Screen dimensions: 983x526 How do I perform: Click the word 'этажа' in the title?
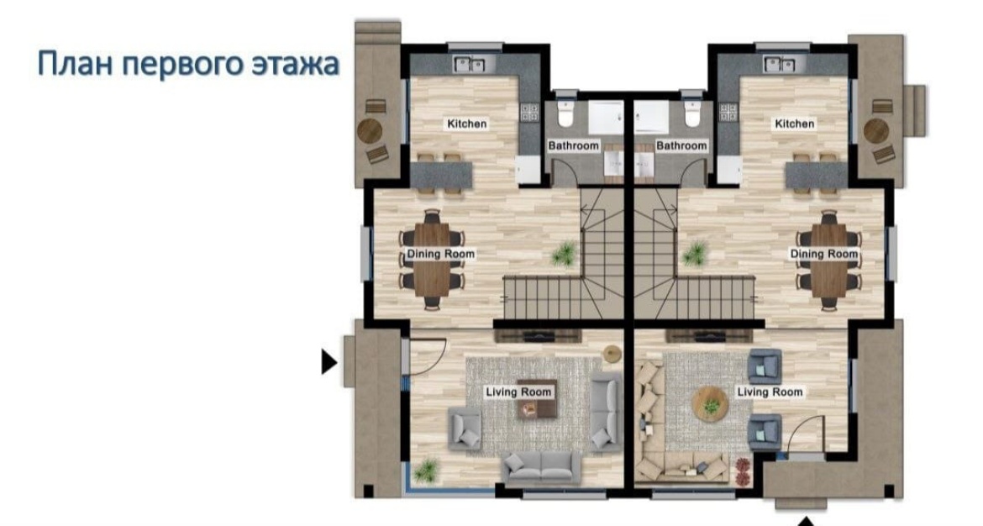click(295, 64)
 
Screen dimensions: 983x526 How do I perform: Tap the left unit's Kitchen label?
click(467, 124)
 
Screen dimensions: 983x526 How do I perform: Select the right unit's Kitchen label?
click(794, 124)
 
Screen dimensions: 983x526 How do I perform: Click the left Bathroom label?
click(574, 145)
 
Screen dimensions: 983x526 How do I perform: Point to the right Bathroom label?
click(681, 145)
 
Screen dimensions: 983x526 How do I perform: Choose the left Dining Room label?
click(441, 254)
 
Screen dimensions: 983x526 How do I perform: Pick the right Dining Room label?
click(823, 254)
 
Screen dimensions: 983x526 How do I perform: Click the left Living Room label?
click(519, 392)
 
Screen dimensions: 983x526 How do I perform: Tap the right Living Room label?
click(770, 392)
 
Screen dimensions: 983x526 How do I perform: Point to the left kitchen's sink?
click(470, 63)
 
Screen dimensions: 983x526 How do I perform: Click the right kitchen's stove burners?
click(728, 113)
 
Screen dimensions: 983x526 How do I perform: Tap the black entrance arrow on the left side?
click(329, 362)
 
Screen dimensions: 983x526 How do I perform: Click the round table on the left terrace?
click(369, 131)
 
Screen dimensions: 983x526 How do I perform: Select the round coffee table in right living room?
click(710, 404)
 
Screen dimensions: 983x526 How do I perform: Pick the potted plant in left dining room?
click(565, 253)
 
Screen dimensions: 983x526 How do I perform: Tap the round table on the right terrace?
click(875, 131)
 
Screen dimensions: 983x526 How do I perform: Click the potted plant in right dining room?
click(694, 254)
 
